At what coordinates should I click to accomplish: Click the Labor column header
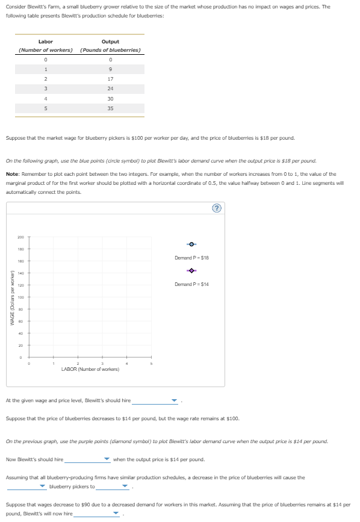(x=45, y=42)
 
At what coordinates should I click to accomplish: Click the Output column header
(x=110, y=42)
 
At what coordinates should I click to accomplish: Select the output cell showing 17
(x=110, y=79)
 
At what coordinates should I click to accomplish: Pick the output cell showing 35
(x=110, y=108)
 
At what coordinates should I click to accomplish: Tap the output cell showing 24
(x=110, y=89)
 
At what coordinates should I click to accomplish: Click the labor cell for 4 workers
(x=45, y=99)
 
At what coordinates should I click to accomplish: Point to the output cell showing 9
(x=110, y=69)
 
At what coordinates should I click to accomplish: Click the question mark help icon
(x=217, y=208)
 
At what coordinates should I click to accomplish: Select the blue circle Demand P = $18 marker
(x=191, y=244)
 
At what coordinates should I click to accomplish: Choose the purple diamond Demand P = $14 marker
(x=191, y=270)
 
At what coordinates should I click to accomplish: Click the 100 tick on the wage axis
(x=20, y=297)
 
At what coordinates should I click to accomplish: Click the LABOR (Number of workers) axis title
(x=90, y=369)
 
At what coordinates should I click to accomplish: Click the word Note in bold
(x=11, y=174)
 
